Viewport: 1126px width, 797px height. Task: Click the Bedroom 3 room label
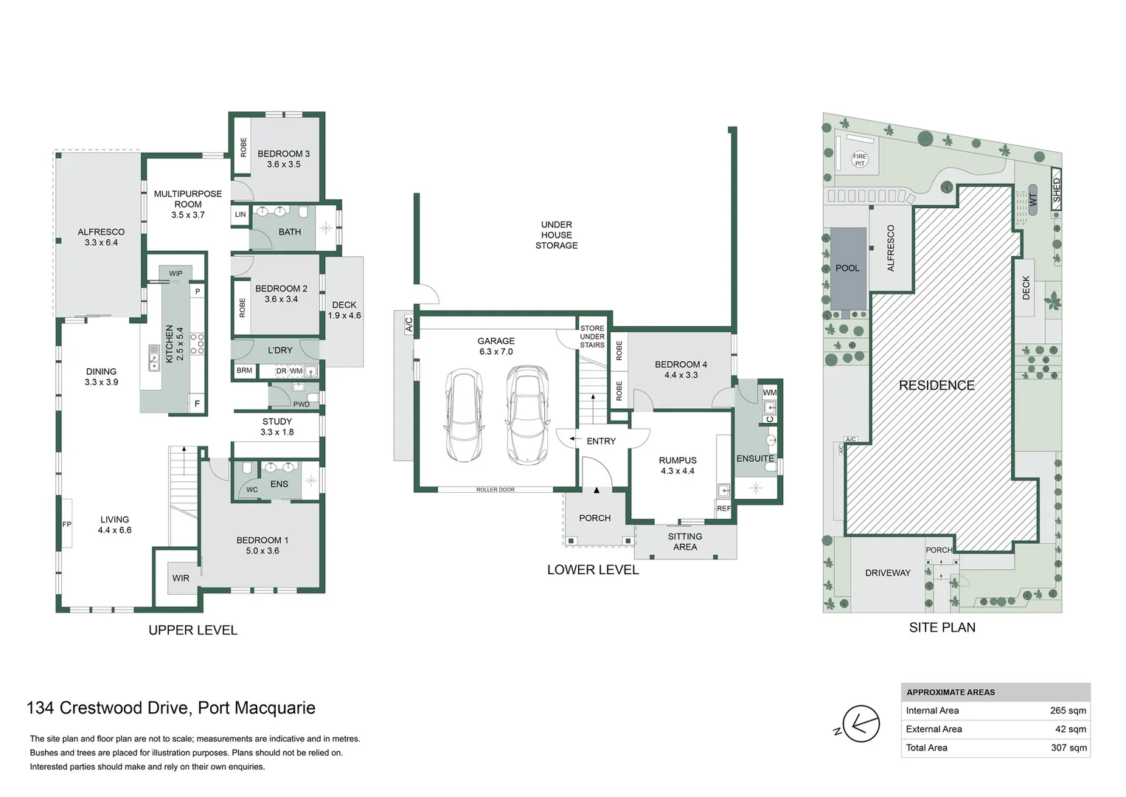(x=283, y=159)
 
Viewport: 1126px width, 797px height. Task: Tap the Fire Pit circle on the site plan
(x=859, y=159)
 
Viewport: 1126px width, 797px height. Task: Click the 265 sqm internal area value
(x=1068, y=711)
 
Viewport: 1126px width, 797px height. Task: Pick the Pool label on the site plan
(x=847, y=268)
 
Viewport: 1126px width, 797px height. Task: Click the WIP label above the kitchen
(x=175, y=274)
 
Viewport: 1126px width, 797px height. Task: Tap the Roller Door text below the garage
(x=496, y=489)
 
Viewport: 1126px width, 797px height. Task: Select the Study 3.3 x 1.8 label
(x=277, y=427)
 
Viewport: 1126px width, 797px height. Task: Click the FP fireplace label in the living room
(x=67, y=524)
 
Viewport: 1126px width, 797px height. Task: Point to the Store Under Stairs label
(x=592, y=337)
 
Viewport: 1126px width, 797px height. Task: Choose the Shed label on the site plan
(x=1056, y=190)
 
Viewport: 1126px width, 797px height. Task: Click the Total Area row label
(x=927, y=748)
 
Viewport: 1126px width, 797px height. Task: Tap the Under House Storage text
(x=557, y=235)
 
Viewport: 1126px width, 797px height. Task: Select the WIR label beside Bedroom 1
(x=181, y=578)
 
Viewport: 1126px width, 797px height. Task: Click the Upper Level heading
(x=193, y=630)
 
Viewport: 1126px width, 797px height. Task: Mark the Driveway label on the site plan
(x=888, y=573)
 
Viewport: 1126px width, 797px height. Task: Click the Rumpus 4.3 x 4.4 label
(x=677, y=466)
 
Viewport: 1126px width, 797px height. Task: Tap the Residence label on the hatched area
(x=936, y=385)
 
